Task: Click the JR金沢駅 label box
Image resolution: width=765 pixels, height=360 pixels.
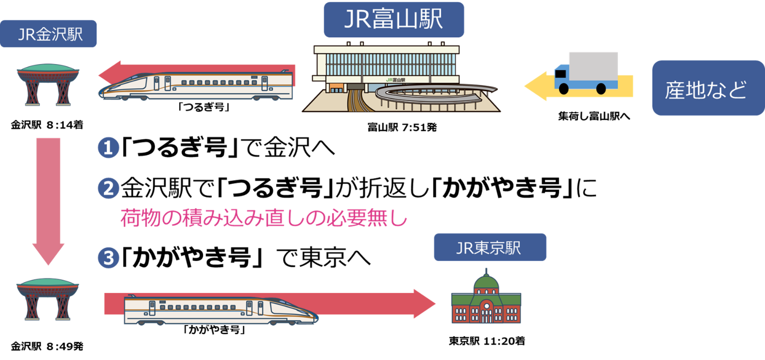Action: pos(49,34)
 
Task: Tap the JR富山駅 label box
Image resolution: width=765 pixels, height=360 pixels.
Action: pos(394,20)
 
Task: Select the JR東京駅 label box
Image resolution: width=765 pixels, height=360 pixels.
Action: pos(489,247)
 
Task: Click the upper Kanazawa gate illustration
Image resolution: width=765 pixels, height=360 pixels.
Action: pos(48,85)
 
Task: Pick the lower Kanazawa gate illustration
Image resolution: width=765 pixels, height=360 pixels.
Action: pos(48,299)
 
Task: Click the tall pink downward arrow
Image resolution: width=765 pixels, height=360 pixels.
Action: pos(48,199)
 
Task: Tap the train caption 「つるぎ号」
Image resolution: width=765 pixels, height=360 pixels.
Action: pos(203,107)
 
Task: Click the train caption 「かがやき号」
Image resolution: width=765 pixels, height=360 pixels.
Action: pos(214,330)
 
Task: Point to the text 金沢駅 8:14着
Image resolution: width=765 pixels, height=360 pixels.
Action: pos(47,125)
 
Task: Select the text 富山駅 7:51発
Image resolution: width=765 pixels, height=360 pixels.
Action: pos(402,128)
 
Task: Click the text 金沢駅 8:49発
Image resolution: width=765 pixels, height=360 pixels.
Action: pos(47,346)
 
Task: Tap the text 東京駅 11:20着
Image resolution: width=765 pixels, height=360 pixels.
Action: pos(486,341)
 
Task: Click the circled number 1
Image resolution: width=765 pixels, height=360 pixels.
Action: pos(108,147)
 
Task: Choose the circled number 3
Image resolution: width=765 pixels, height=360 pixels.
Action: pos(108,258)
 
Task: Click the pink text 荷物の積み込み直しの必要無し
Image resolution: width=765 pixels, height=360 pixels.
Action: pos(264,218)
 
